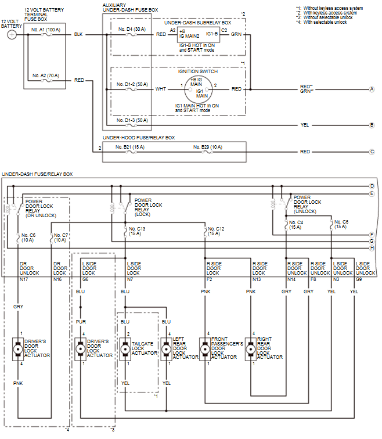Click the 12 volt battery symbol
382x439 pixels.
[12, 35]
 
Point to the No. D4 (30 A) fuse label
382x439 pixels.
[131, 28]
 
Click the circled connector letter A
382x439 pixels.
[372, 89]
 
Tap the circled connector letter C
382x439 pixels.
[372, 152]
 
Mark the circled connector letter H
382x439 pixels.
[372, 249]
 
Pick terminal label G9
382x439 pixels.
[359, 279]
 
